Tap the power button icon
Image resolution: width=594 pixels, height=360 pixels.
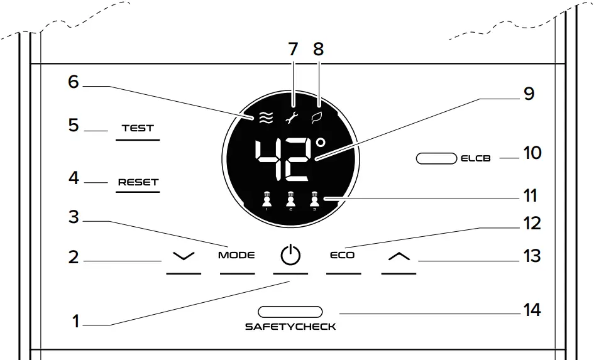290,256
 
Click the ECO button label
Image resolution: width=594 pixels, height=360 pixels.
343,256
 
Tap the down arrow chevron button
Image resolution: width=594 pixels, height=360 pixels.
184,256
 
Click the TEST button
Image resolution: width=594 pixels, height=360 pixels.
138,128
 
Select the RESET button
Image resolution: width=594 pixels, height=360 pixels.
139,183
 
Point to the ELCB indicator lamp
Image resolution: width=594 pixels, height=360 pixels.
436,158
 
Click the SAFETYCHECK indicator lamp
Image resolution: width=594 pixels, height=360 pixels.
290,311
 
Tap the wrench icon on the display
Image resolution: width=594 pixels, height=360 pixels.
292,116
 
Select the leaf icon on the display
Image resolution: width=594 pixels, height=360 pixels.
318,116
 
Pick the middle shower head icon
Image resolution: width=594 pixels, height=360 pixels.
290,200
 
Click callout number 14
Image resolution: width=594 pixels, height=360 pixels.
532,310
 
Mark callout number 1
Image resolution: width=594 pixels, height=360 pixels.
75,322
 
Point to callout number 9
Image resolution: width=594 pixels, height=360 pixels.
528,94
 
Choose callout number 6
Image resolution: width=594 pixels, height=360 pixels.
74,82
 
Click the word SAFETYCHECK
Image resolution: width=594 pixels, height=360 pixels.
290,327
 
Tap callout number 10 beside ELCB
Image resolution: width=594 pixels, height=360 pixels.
532,153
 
